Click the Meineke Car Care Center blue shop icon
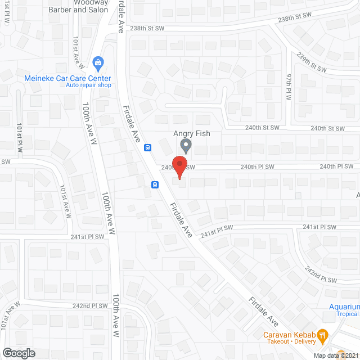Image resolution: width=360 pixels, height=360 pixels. (x=98, y=62)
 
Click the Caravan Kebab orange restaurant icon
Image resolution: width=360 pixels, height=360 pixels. (x=322, y=334)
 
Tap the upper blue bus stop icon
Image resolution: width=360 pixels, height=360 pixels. (x=147, y=148)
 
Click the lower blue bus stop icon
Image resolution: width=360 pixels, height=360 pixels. (x=154, y=184)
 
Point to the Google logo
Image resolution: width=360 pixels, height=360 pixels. (x=18, y=353)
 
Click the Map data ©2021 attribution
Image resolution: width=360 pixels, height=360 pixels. (x=335, y=355)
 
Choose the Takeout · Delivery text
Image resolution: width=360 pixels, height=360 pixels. (x=290, y=341)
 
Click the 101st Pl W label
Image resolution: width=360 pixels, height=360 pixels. (x=20, y=137)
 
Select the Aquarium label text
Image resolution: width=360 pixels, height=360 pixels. (x=344, y=307)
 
